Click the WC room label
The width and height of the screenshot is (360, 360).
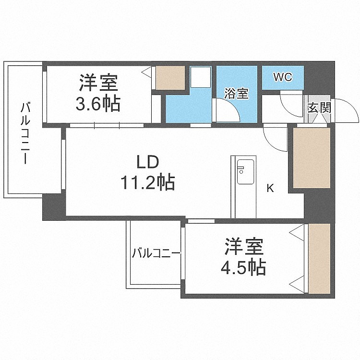tap(283, 77)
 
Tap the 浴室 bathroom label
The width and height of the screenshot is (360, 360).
tap(236, 94)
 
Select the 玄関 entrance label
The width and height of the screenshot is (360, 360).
tap(319, 108)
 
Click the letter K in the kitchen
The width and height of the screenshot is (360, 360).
tap(270, 188)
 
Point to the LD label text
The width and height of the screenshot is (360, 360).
tap(148, 162)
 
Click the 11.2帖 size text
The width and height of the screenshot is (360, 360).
tap(148, 182)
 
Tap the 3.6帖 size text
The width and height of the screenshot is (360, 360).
tap(98, 104)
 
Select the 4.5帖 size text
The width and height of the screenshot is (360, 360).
tap(243, 267)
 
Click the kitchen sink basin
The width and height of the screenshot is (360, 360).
tap(245, 172)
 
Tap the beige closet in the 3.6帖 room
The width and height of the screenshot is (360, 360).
tap(170, 78)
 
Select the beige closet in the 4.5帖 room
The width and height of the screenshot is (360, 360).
tap(319, 259)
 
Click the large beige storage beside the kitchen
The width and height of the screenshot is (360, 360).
tap(312, 158)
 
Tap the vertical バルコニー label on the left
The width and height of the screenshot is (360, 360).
tap(25, 133)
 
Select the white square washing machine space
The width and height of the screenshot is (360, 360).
tap(201, 77)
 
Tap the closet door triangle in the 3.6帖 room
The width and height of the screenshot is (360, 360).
tap(146, 72)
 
